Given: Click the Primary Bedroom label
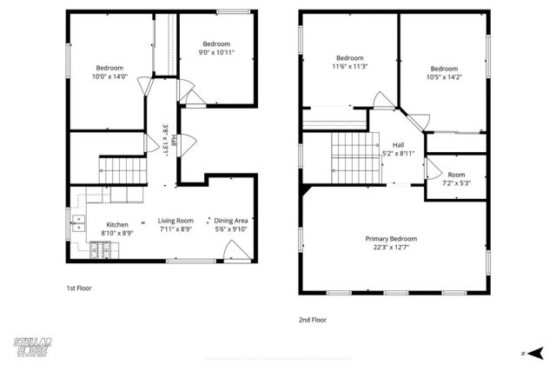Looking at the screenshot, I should click(x=390, y=239).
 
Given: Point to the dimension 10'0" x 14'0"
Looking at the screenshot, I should click(x=109, y=76).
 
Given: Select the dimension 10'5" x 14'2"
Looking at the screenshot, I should click(x=443, y=77).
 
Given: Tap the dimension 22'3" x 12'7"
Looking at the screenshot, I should click(x=390, y=248).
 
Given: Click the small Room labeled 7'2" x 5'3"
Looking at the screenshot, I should click(x=456, y=178).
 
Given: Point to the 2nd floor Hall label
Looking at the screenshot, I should click(x=398, y=145).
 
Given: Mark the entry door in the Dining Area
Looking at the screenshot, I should click(x=233, y=252).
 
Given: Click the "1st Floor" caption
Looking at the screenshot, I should click(x=79, y=288).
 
